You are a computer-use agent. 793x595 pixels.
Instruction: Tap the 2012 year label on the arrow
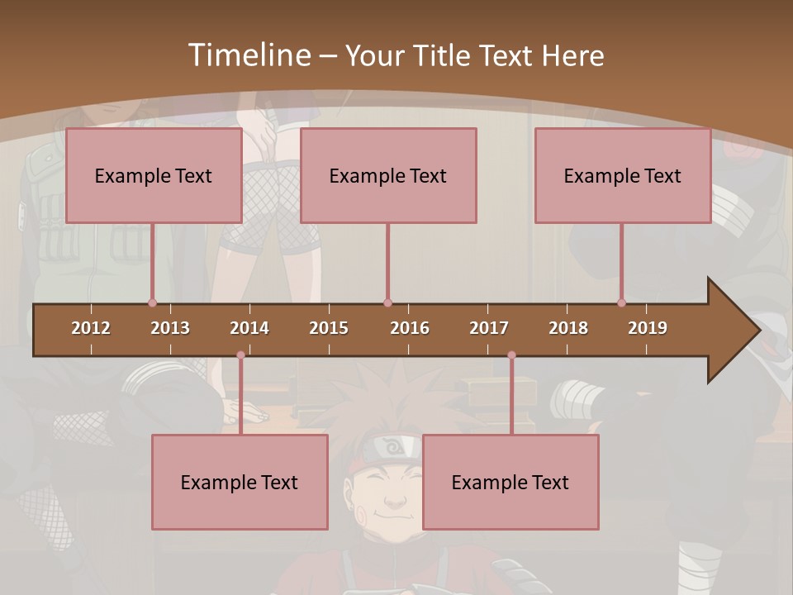click(91, 328)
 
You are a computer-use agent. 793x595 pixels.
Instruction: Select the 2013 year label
click(170, 328)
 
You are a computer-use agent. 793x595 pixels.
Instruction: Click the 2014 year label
click(249, 328)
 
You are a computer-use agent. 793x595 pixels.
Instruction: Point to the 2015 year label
click(329, 328)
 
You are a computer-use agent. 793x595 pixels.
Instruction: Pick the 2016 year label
click(410, 328)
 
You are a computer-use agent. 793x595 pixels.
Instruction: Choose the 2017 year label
click(489, 328)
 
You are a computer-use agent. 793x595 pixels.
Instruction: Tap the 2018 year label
click(568, 328)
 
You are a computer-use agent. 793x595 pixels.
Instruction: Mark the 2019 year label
click(648, 328)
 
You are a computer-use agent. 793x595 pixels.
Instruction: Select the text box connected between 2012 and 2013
click(154, 175)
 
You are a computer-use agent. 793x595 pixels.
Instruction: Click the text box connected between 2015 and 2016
click(388, 175)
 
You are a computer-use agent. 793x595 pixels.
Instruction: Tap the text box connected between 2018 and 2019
click(623, 175)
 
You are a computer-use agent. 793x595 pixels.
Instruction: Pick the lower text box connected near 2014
click(240, 482)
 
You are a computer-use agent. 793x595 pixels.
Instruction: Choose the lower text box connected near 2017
click(510, 482)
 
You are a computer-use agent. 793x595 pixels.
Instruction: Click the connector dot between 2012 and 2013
click(152, 302)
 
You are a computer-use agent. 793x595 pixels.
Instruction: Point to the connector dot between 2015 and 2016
click(387, 302)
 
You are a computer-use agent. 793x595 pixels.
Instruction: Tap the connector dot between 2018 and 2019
click(621, 302)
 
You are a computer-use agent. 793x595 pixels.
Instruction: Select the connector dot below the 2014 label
click(240, 355)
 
